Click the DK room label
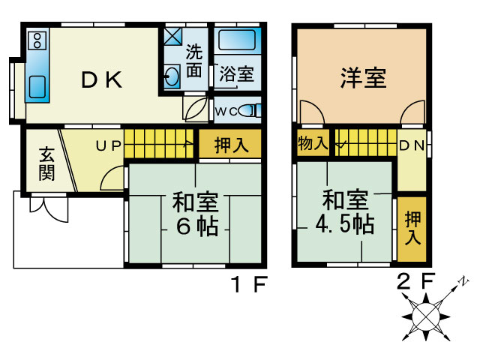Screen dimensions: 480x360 point(102,79)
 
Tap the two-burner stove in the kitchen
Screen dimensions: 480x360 point(37,40)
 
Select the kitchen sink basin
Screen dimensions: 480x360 point(37,87)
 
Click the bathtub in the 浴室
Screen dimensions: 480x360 point(237,40)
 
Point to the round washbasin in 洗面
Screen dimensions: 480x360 point(171,76)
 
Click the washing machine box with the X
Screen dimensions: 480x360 point(172,37)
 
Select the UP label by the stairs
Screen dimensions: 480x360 point(109,145)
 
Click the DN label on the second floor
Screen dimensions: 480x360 point(412,145)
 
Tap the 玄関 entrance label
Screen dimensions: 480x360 point(46,163)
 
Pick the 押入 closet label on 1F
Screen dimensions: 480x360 point(232,145)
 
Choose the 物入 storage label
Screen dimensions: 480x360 point(313,143)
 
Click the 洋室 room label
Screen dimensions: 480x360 point(363,78)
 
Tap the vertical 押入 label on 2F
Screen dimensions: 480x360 point(412,228)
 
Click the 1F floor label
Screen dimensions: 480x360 point(250,284)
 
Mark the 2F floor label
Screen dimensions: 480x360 point(415,281)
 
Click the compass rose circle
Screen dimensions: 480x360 point(426,316)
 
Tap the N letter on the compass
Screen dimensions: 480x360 point(464,280)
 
